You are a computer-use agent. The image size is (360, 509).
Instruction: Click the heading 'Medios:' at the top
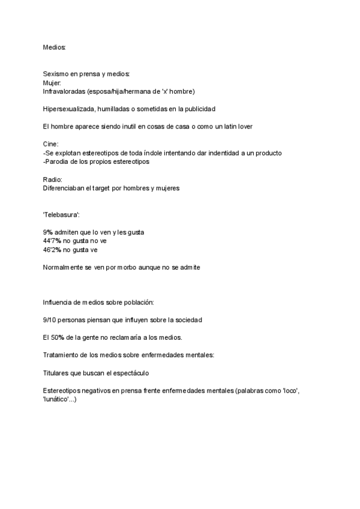pos(55,46)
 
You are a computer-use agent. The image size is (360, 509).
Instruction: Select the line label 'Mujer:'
pos(52,82)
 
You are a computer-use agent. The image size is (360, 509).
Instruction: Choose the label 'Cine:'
pos(51,144)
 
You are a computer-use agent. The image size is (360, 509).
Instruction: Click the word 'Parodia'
pos(58,161)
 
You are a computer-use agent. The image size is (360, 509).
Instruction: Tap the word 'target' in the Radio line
pos(119,188)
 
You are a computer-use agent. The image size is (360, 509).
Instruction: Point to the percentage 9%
pos(47,232)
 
